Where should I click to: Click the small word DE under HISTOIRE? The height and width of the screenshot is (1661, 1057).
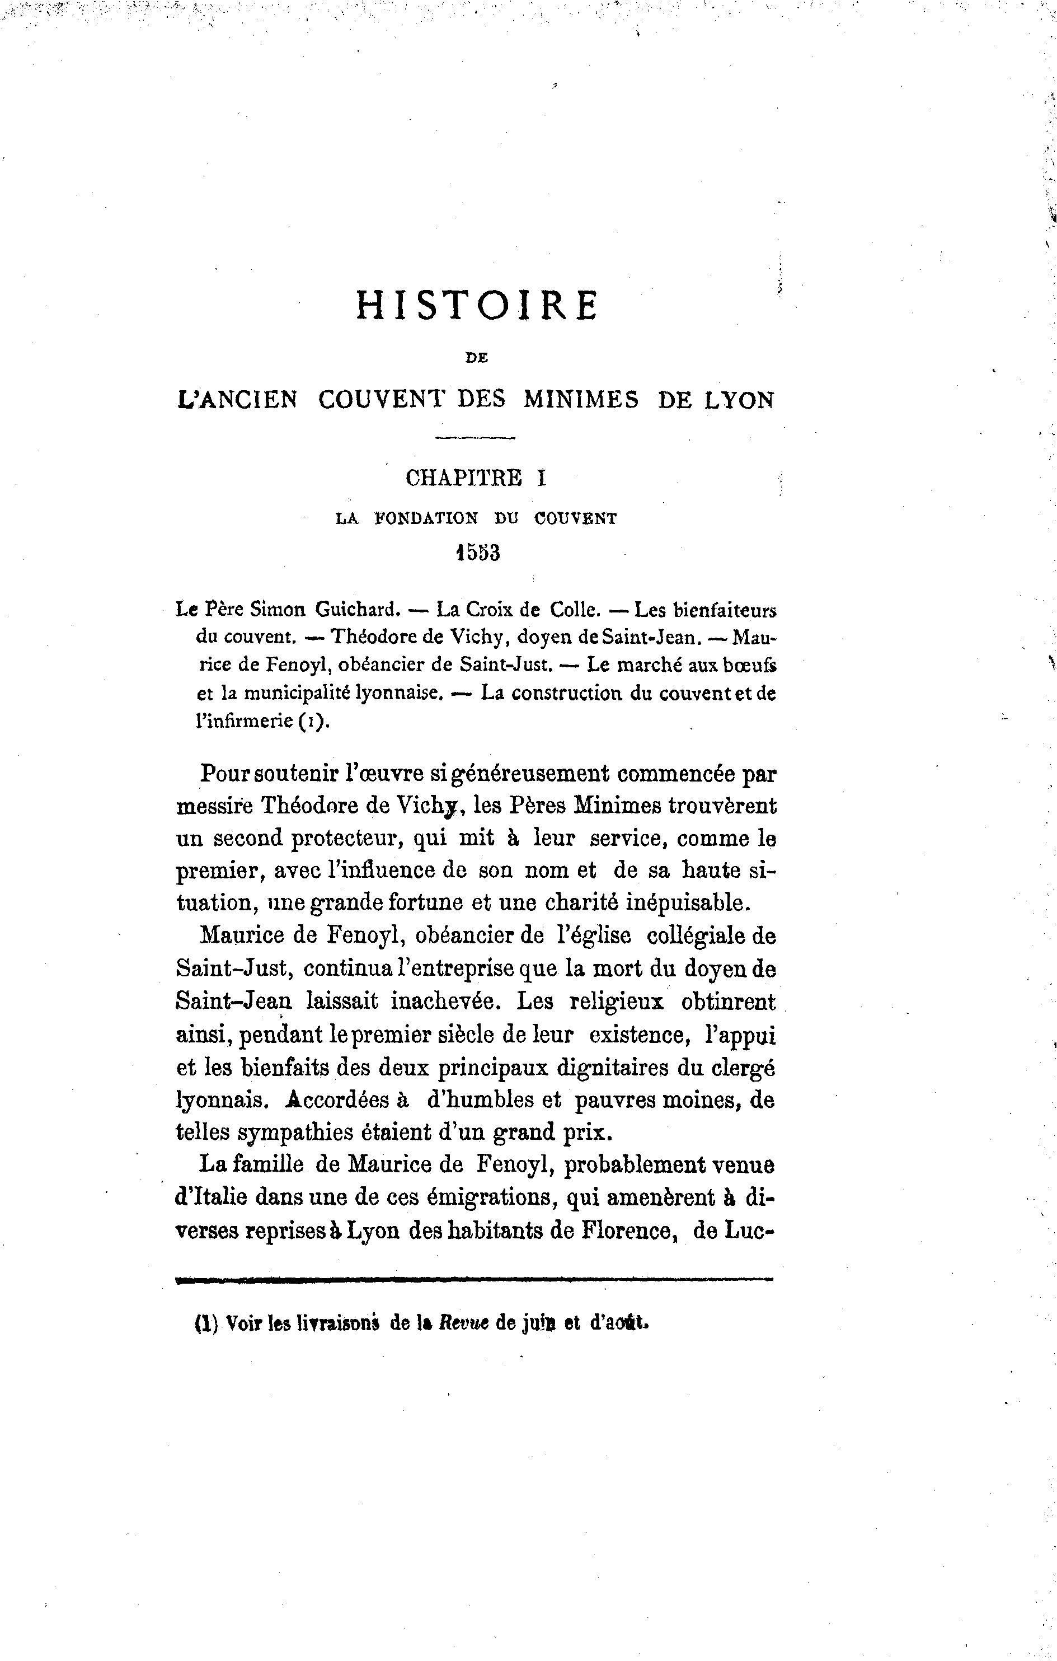(x=476, y=357)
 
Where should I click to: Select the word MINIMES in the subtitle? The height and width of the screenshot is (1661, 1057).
(x=581, y=400)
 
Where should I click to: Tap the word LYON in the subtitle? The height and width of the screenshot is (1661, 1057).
(x=739, y=400)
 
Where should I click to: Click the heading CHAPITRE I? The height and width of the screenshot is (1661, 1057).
(x=476, y=478)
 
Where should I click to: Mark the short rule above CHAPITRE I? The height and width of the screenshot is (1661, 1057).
(x=476, y=437)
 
